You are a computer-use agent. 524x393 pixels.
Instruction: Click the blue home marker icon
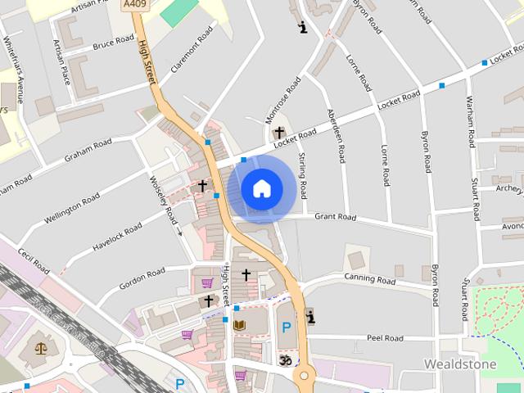(261, 189)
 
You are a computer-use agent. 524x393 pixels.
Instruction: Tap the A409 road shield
(136, 5)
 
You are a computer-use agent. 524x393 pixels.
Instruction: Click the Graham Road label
(88, 148)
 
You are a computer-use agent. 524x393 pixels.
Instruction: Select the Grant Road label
(336, 218)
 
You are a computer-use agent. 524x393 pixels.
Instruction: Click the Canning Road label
(369, 281)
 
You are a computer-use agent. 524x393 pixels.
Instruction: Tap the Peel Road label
(385, 338)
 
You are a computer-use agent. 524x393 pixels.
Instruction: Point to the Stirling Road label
(302, 175)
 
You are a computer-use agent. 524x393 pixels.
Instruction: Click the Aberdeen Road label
(337, 136)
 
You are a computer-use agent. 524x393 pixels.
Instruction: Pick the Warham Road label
(471, 121)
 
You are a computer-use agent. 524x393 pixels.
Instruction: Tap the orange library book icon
(240, 326)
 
